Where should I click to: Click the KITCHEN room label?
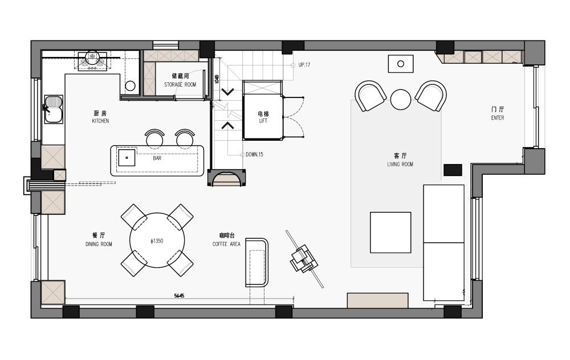coord(100,121)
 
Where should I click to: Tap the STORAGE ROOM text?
coord(180,85)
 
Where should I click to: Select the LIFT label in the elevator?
coord(263,121)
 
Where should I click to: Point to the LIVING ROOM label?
coord(400,164)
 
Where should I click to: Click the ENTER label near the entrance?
coord(497,118)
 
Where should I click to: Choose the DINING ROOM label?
coord(99,244)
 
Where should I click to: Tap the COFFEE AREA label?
coord(226,244)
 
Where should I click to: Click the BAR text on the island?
coord(157,158)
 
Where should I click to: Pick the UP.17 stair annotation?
coord(304,65)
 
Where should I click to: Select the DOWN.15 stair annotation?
coord(254,155)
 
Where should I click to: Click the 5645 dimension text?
coord(179,296)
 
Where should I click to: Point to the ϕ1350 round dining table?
coord(157,240)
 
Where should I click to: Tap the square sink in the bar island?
coord(127,157)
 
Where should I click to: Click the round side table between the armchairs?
coord(401,99)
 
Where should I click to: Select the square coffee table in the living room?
coord(390,232)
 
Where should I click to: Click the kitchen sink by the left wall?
coord(54,109)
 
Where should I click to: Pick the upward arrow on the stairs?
coord(228,125)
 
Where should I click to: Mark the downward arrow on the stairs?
coord(228,92)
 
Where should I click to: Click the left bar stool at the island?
coord(155,138)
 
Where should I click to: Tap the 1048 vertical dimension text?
coord(217,79)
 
